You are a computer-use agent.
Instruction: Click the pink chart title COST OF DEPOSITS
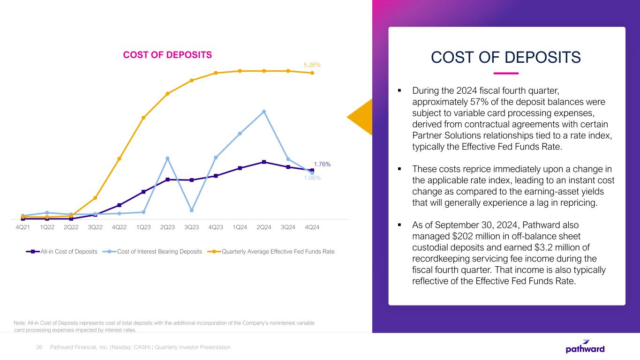click(x=167, y=55)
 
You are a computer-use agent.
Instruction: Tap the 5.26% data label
click(x=312, y=65)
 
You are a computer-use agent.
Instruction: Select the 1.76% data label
click(x=322, y=164)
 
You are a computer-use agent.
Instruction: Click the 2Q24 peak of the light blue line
click(x=264, y=112)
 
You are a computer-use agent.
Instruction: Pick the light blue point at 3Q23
click(x=192, y=210)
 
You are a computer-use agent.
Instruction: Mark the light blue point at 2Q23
click(x=167, y=158)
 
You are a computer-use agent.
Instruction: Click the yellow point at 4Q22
click(x=120, y=158)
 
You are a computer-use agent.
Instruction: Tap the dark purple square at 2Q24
click(x=264, y=162)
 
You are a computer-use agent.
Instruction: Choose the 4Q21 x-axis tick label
click(x=23, y=227)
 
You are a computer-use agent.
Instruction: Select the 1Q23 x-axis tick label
click(x=143, y=227)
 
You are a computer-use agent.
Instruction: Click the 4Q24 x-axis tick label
click(x=312, y=227)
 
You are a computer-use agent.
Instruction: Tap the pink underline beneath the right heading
click(x=506, y=73)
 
